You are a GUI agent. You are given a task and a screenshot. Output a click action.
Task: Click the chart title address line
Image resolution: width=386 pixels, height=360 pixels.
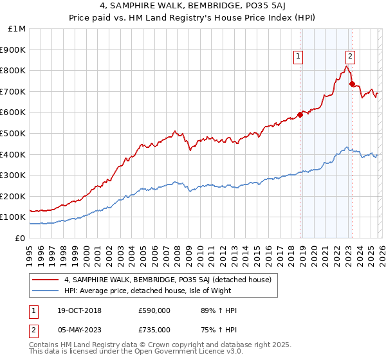[193, 7]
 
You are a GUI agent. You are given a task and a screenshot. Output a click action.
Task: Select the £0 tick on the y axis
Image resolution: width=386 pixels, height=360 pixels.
[21, 238]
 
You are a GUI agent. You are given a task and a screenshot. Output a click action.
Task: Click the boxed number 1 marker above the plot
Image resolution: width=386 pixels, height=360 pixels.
[299, 57]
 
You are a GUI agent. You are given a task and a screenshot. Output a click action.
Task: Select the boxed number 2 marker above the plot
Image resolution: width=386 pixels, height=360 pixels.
[350, 57]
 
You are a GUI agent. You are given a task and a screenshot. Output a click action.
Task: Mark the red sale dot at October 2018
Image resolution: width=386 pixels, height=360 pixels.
[300, 114]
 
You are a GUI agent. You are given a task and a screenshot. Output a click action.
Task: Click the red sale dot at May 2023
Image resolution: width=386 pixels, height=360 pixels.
[351, 84]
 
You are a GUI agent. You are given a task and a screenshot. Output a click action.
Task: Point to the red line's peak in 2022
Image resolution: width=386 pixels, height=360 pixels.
[347, 66]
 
